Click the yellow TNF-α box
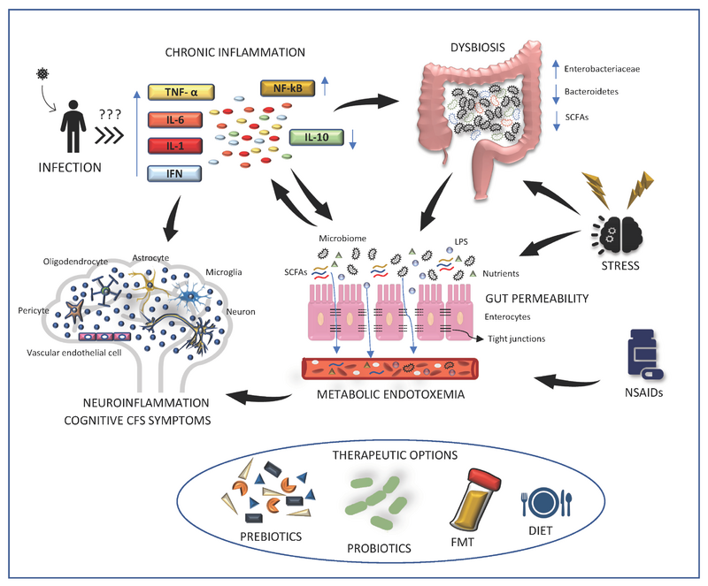tap(173, 90)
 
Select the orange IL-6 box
tap(173, 118)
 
